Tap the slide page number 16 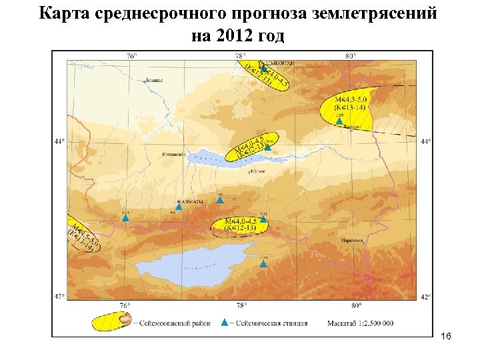447,338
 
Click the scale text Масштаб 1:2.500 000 359,323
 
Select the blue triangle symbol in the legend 225,323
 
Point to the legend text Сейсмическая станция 269,323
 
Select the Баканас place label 153,81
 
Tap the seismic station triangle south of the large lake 263,264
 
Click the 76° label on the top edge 131,57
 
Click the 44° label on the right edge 426,141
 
